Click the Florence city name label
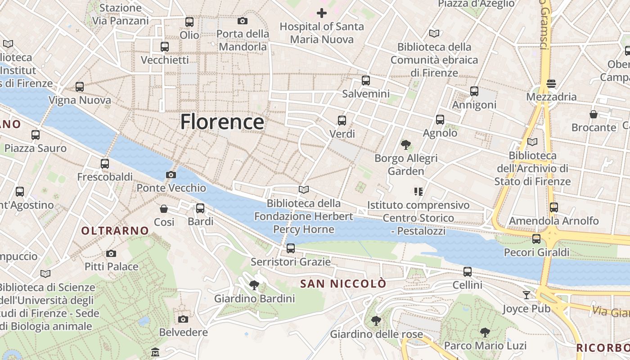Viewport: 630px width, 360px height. coord(222,122)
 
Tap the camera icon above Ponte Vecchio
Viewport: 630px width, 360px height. coord(171,175)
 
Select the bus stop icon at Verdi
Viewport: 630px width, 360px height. coord(342,120)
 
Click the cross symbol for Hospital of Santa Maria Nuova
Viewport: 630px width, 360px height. coord(322,13)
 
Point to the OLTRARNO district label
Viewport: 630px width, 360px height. coord(115,231)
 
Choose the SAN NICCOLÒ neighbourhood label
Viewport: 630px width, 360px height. coord(343,283)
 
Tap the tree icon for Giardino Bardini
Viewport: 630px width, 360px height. coord(254,285)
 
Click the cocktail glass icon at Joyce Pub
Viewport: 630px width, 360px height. coord(526,295)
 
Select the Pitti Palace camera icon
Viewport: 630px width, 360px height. coord(111,254)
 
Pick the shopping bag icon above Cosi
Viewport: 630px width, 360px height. coord(164,209)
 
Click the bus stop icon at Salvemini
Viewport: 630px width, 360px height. coord(366,81)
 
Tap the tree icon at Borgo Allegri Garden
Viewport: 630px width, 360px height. coord(406,145)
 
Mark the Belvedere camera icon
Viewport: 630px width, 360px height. coord(183,319)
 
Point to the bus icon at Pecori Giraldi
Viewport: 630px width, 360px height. coord(536,239)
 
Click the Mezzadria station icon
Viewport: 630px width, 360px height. coord(551,83)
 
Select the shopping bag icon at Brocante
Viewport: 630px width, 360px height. coord(594,114)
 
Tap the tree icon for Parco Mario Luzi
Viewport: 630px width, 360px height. coord(485,333)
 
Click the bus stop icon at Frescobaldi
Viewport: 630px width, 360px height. coord(105,163)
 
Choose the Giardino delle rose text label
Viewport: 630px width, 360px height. coord(376,334)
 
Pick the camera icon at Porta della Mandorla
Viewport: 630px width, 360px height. coord(243,21)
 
